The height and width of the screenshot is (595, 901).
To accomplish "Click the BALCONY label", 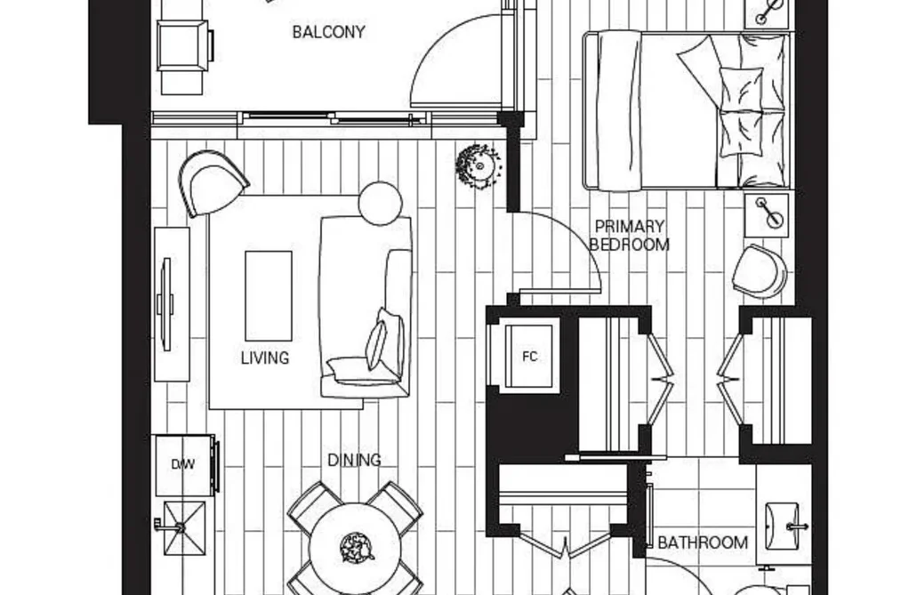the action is (x=329, y=32).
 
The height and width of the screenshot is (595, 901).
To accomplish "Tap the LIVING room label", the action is (x=265, y=358).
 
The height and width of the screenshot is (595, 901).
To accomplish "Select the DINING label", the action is (x=354, y=460).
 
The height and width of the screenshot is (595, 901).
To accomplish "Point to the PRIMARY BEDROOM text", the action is (x=630, y=236).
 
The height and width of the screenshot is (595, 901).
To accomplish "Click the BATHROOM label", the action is (x=702, y=543).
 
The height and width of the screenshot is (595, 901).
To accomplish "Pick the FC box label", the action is (x=530, y=357).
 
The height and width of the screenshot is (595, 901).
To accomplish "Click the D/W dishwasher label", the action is (x=182, y=464).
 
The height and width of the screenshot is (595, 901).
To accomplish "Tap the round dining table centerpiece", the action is (x=357, y=547).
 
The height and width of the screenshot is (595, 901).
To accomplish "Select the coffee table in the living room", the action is (x=269, y=296).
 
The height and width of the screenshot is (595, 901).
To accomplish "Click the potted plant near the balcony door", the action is (x=479, y=166).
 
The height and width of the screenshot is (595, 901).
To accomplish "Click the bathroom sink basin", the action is (x=782, y=519).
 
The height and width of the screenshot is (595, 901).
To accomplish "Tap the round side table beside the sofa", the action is (x=379, y=204).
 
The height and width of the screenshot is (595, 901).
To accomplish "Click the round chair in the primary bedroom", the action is (x=760, y=271).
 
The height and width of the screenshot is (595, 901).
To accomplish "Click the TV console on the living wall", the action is (x=172, y=304).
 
